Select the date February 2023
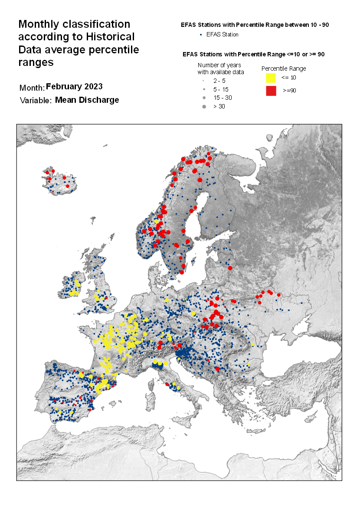pos(74,86)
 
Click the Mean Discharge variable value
pos(87,100)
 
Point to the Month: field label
pos(32,88)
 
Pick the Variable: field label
pos(36,101)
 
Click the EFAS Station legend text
pos(222,34)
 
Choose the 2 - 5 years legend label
pos(219,81)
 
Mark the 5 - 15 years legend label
pos(221,89)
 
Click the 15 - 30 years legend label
pos(222,98)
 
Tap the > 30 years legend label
pos(219,106)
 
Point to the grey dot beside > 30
pos(204,106)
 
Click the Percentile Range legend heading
pos(284,69)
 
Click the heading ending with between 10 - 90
pos(255,25)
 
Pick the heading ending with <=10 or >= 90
pos(254,54)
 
